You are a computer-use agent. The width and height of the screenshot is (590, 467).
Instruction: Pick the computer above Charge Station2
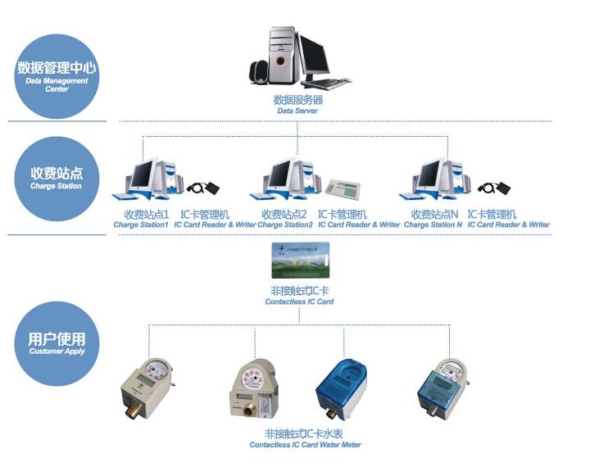286,179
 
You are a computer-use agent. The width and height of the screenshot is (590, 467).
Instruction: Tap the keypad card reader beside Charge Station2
344,187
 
